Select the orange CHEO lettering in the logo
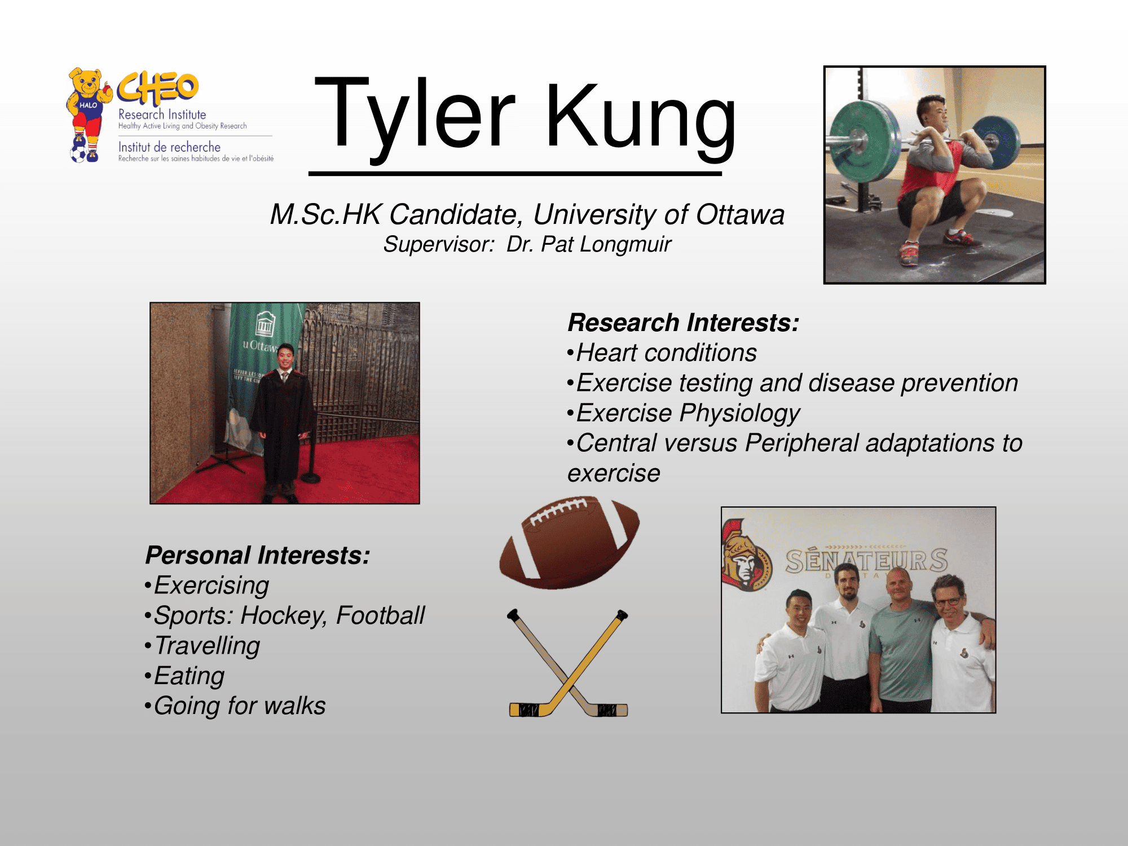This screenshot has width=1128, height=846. [158, 88]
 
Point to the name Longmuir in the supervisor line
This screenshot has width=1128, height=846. [626, 245]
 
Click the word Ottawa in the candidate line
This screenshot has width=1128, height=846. [740, 214]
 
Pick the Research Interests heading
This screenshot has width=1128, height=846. [684, 323]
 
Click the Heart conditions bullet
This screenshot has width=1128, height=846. [662, 353]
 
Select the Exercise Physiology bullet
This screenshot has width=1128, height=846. [684, 413]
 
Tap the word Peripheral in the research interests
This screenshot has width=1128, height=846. [801, 443]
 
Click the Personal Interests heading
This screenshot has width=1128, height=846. [258, 556]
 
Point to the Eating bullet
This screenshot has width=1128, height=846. [184, 676]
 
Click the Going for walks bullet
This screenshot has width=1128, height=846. [235, 706]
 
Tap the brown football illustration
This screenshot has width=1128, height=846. [569, 543]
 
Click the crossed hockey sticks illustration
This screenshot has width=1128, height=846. [569, 663]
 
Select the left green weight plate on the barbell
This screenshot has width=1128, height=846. [858, 142]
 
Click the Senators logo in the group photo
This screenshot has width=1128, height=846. [746, 556]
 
